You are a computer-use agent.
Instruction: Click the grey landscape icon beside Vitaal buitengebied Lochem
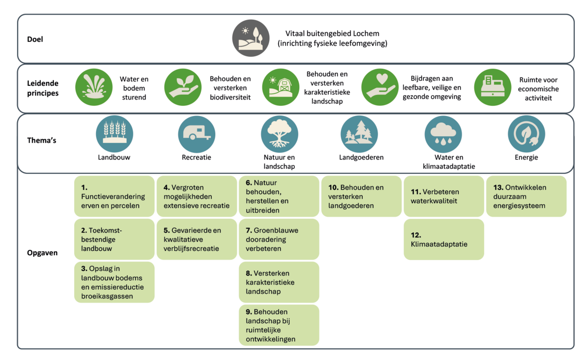coord(251,38)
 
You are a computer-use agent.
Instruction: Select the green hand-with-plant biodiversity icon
coord(183,87)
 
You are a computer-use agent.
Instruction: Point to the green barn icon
coord(281,87)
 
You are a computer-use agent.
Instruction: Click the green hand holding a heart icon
coord(380,87)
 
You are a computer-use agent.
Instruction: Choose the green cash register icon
coord(492,87)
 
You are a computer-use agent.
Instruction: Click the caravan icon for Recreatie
coord(196,134)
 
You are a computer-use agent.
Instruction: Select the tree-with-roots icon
coord(279,134)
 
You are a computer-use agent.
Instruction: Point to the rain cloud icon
coord(443,134)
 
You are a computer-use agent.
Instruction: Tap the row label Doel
coord(35,39)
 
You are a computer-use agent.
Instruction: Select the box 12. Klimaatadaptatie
coord(444,239)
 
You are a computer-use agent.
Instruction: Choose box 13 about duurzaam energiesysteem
coord(526,196)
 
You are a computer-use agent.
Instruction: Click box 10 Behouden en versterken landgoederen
coord(361,196)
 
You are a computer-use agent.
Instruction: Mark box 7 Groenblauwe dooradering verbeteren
coord(279,239)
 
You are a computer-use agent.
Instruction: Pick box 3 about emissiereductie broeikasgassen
coord(114,282)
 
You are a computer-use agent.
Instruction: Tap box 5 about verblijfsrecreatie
coord(196,239)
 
